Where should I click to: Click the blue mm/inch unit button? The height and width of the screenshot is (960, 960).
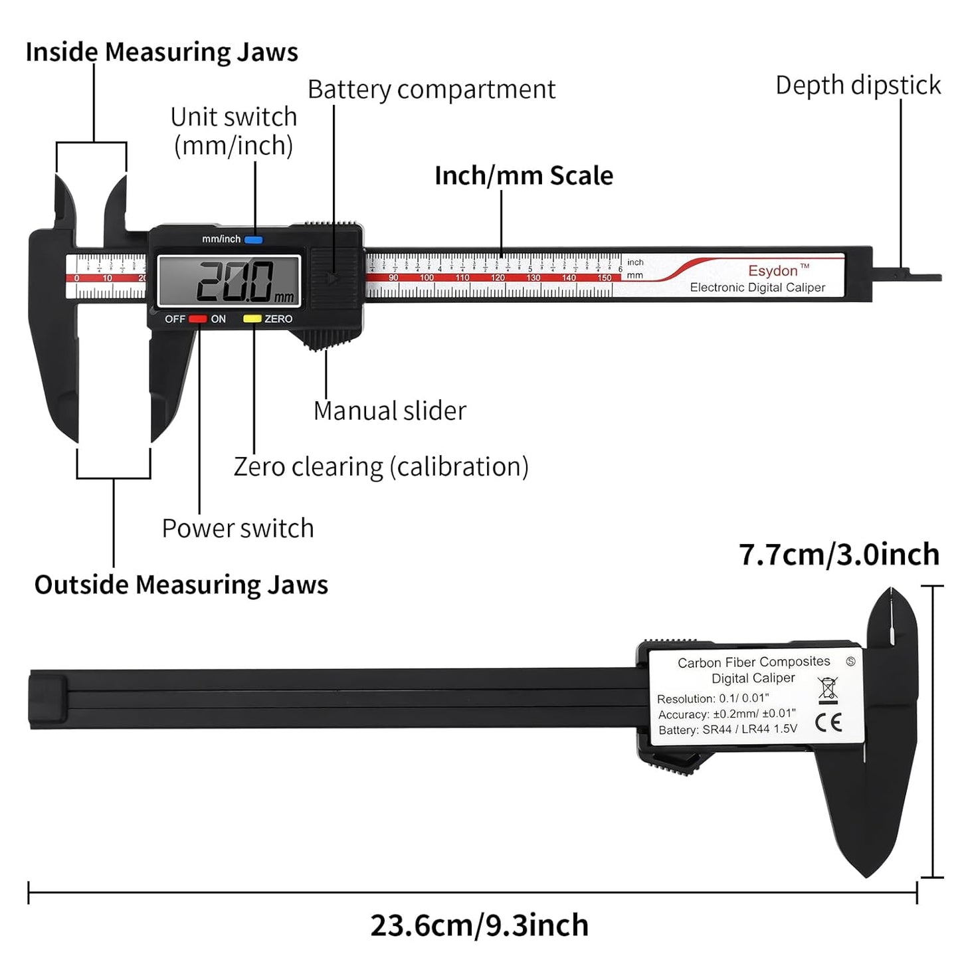tap(253, 240)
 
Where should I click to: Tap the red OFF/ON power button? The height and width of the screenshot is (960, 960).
tap(198, 319)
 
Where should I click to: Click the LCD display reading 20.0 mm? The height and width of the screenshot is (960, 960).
tap(229, 281)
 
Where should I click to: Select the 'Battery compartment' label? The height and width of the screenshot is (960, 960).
tap(431, 90)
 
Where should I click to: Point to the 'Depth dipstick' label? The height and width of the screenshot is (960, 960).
tap(858, 85)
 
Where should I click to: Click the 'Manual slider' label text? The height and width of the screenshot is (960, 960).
tap(389, 411)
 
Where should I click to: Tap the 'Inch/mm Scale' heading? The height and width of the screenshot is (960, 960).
tap(524, 175)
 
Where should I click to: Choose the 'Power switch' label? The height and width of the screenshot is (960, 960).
tap(238, 528)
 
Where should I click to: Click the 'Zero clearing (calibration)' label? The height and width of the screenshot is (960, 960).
tap(381, 466)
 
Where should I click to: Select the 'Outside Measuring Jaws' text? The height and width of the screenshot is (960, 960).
tap(181, 585)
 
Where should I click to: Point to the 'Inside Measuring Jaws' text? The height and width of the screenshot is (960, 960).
tap(161, 52)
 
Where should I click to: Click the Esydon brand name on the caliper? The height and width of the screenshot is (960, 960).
tap(773, 271)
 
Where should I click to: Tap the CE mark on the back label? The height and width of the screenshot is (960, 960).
tap(828, 723)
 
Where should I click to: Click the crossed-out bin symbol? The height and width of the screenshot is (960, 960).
tap(828, 690)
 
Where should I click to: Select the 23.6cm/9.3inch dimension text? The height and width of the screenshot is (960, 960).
tap(479, 925)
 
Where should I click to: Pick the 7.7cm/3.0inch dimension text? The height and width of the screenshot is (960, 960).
tap(839, 554)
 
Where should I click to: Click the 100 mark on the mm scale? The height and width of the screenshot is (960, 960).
tap(427, 278)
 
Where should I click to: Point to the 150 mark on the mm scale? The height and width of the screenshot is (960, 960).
tap(604, 278)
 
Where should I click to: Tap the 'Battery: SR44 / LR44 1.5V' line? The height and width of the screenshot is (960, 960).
tap(727, 729)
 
